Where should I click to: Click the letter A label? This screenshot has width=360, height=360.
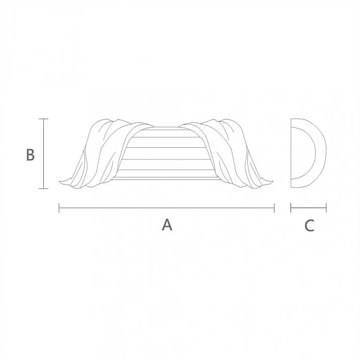point(167,225)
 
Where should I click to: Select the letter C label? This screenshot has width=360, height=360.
point(309,226)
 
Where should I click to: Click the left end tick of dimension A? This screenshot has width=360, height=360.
point(59,207)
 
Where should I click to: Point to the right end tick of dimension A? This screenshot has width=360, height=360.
point(274,207)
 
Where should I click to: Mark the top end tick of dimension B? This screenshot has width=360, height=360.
point(44,119)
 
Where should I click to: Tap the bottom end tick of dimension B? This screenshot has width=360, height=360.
point(44,189)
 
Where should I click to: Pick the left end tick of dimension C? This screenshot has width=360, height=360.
point(291,207)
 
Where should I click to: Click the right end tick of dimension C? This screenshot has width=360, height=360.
point(326,207)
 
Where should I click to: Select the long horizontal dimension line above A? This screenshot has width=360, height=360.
point(166,207)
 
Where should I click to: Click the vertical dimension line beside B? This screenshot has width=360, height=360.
point(44,154)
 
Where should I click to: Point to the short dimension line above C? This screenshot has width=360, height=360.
point(309,207)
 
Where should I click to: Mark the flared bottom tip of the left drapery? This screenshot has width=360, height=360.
point(62,181)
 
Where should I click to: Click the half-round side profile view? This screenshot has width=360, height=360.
point(308,154)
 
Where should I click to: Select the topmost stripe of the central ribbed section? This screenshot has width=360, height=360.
point(166,131)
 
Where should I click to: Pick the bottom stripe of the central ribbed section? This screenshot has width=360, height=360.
point(166,174)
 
